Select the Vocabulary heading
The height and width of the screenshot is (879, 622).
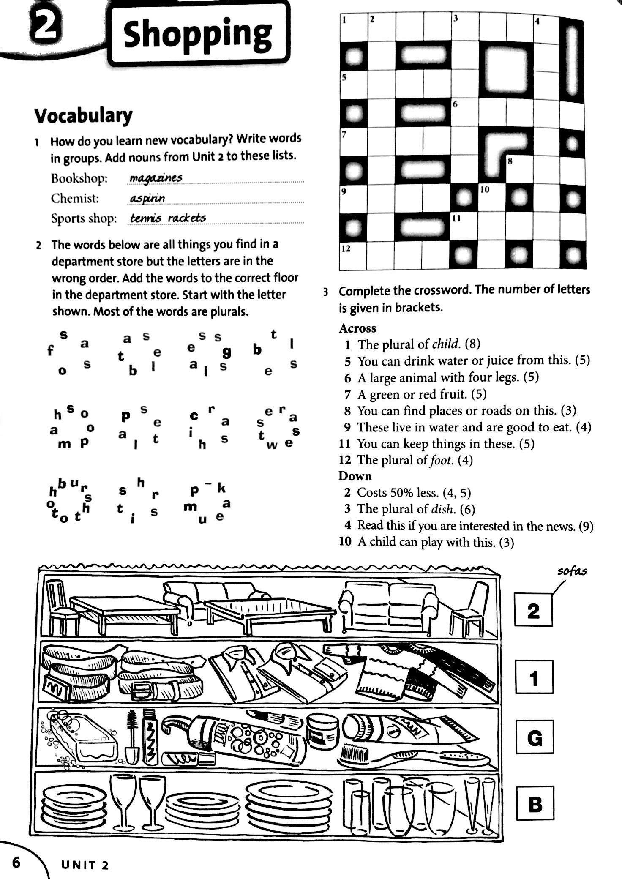pos(83,116)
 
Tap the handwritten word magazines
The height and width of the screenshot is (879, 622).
pos(156,178)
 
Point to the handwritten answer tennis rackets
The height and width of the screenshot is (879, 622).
pos(168,218)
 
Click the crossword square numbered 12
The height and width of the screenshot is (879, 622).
pos(353,256)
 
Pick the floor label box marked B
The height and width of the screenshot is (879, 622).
pos(535,803)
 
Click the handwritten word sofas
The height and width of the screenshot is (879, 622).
pos(572,571)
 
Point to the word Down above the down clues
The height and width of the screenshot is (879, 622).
pos(355,476)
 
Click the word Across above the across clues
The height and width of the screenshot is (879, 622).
pos(357,328)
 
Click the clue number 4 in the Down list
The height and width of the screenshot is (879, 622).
pos(348,525)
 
